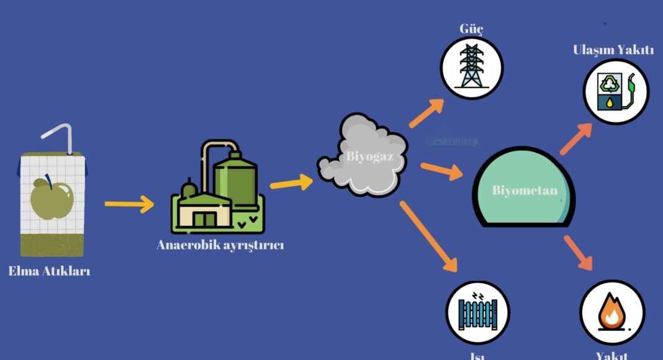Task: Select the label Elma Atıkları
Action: [49, 271]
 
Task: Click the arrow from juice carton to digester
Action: [129, 203]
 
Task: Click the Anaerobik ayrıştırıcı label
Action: [220, 245]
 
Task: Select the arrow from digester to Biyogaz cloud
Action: [291, 183]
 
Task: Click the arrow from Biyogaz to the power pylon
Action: [427, 112]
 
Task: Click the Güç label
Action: [471, 29]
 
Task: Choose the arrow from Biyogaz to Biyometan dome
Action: [441, 170]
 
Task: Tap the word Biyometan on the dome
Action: [525, 191]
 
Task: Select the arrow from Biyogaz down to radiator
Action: [429, 236]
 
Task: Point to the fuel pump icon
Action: [615, 92]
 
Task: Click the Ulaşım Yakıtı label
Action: [613, 50]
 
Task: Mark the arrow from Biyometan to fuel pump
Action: [575, 138]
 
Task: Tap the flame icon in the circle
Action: [612, 312]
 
